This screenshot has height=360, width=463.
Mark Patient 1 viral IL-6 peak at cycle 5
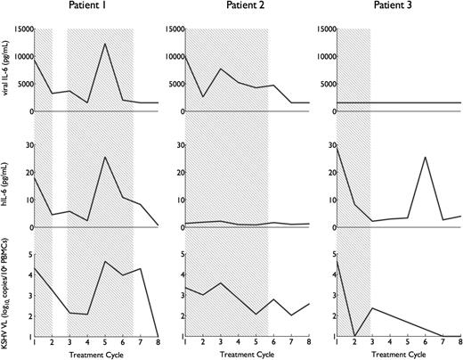point(105,44)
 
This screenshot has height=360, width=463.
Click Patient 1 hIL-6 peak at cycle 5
point(105,157)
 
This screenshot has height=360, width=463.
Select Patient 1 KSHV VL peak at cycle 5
point(105,261)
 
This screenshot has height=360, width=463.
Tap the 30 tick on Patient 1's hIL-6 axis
point(26,143)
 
